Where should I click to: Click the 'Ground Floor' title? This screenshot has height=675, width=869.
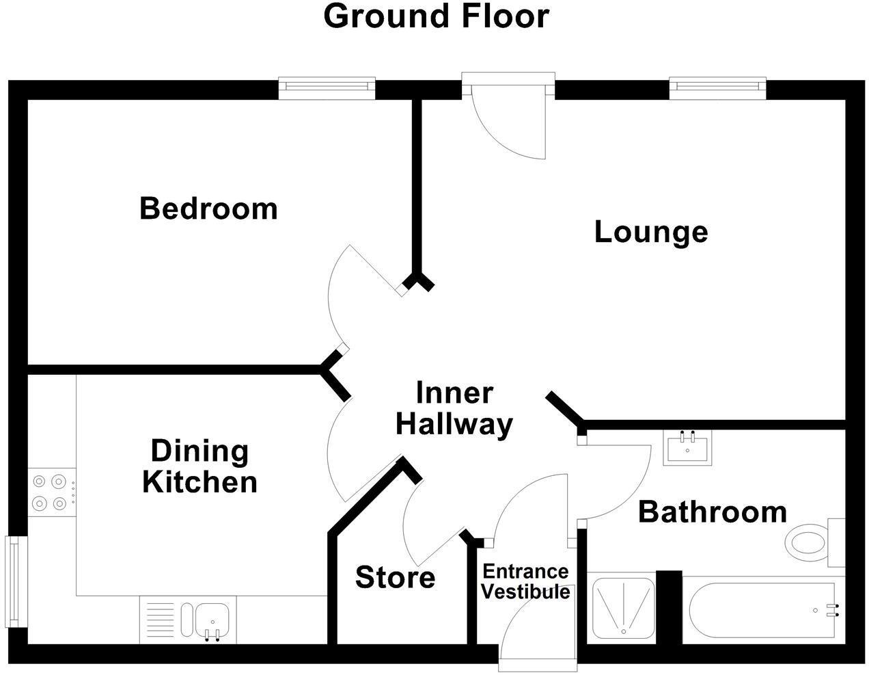pos(436,16)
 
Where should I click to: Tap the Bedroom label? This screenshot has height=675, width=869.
pos(208,208)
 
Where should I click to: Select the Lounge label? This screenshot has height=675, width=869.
pos(650,232)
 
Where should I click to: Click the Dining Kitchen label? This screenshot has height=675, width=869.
pos(199,466)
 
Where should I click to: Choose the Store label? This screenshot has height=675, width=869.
pos(395,578)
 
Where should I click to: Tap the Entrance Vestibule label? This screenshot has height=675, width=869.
pos(525,581)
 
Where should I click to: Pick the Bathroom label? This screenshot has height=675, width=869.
pos(712,512)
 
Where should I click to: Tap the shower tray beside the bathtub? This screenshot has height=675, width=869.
pos(622,608)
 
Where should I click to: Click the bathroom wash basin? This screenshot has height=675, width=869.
pos(687,447)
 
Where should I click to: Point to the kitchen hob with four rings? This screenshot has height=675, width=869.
pos(52,492)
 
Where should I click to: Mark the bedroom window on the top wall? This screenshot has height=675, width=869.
pos(327,86)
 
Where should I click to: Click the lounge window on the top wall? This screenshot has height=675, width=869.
pos(717,86)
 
